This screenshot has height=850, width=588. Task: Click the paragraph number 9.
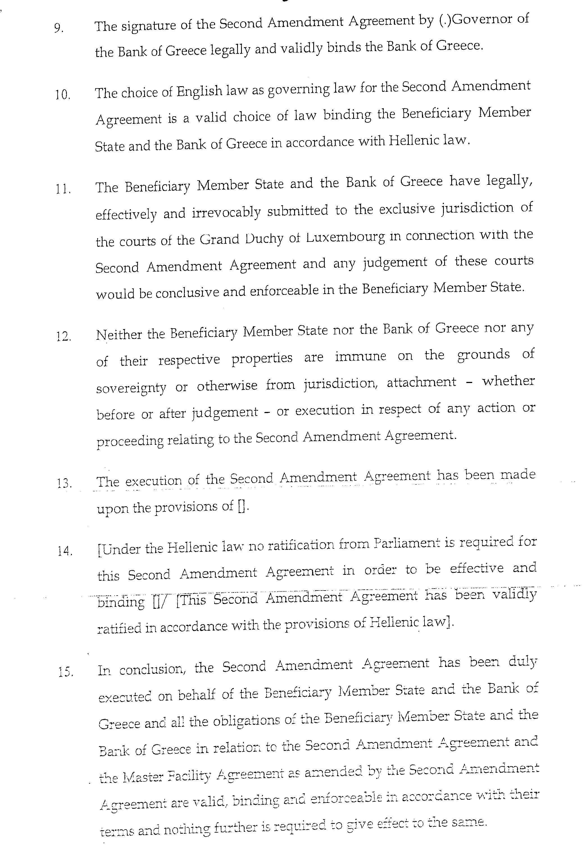tap(59, 28)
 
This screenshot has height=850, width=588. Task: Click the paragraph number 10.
tap(63, 95)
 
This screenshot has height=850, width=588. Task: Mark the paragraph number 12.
tap(63, 336)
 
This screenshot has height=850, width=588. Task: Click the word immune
tap(360, 357)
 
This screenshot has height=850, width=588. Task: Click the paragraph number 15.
tap(65, 672)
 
